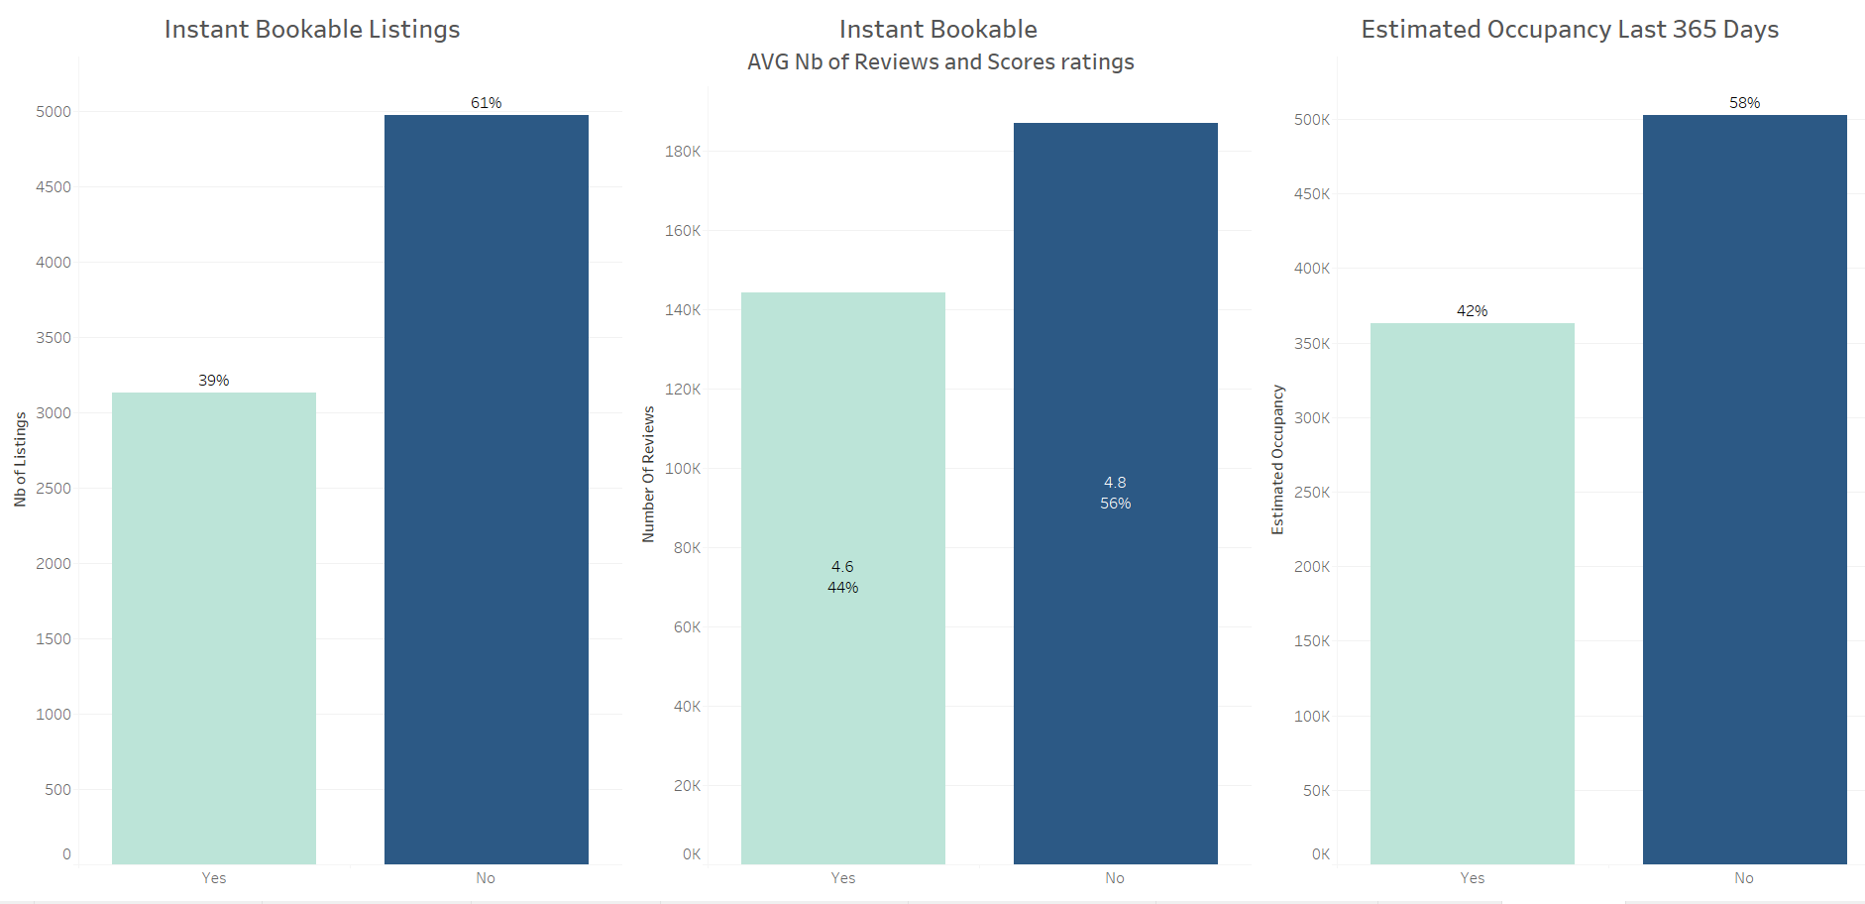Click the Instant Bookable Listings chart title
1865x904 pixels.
point(312,30)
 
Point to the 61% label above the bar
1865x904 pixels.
point(486,103)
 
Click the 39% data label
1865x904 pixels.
point(214,381)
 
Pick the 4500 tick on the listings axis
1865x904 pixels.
point(54,187)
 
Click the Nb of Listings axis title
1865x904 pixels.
point(21,459)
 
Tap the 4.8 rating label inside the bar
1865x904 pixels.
point(1115,483)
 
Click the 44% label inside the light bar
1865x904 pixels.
point(842,588)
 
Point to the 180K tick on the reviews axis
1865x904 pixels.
point(683,152)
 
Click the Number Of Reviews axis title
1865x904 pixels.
point(649,474)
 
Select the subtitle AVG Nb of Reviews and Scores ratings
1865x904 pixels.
point(940,62)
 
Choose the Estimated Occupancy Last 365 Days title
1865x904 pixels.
point(1570,30)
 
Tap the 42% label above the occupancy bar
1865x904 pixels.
point(1472,311)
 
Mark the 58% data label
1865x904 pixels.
point(1744,103)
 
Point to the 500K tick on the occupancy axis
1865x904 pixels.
point(1312,120)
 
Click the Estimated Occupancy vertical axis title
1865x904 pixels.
point(1278,459)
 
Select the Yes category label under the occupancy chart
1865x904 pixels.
point(1472,878)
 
